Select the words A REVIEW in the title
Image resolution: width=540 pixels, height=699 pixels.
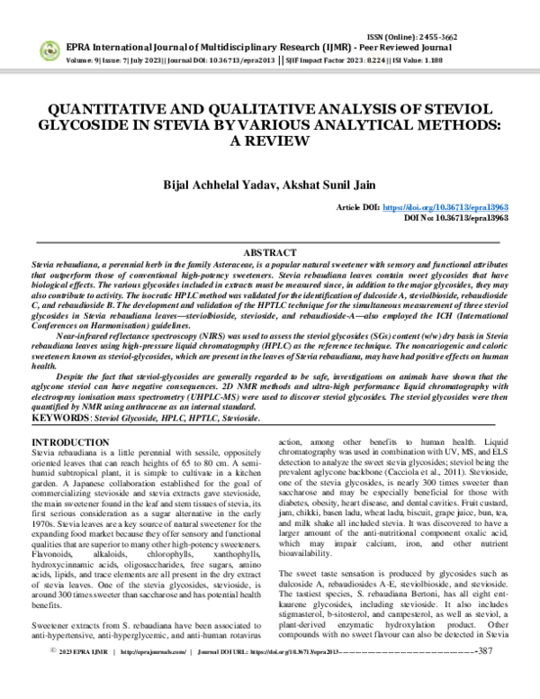pyautogui.click(x=270, y=141)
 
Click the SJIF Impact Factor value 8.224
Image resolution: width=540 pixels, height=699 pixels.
pyautogui.click(x=346, y=59)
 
